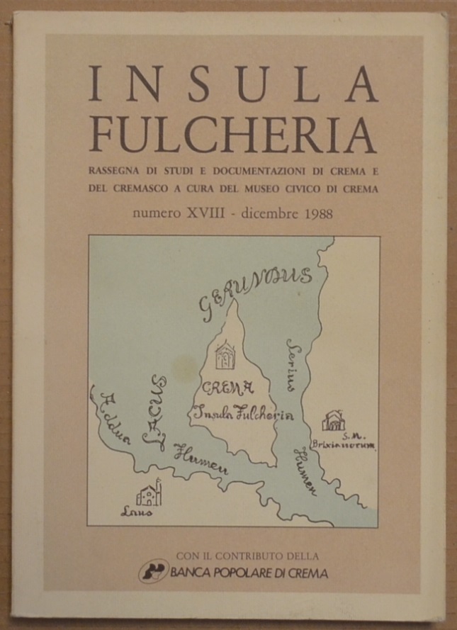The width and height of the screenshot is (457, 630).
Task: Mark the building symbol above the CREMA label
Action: (225, 354)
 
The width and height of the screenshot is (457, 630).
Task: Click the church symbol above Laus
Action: (149, 492)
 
